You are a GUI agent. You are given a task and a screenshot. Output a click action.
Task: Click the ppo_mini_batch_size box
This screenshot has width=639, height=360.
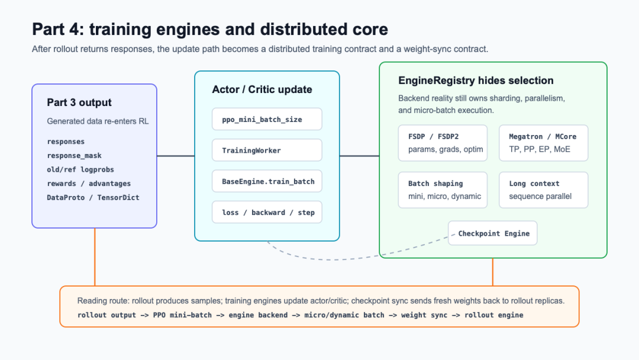pos(267,119)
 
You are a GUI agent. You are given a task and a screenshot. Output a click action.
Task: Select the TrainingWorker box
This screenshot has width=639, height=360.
pos(267,150)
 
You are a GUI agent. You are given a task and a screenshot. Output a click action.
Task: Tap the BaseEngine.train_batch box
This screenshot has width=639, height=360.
pos(267,181)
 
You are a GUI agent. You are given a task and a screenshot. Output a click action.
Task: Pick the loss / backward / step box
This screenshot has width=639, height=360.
pos(267,212)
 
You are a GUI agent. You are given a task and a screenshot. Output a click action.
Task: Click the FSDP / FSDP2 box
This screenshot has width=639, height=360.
pos(443,143)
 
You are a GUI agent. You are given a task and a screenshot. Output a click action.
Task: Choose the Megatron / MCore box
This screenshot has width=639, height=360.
pos(544,143)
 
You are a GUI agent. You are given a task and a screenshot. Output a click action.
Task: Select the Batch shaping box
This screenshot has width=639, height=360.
pos(443,190)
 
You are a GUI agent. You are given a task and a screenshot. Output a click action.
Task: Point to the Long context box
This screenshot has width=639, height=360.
pos(544,190)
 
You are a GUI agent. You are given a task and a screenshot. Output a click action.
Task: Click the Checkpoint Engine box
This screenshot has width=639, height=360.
pos(493,233)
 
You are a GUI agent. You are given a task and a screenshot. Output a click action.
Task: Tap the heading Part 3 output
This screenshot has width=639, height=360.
pos(79,102)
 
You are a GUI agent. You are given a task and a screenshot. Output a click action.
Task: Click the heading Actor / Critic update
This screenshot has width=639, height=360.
pos(262,89)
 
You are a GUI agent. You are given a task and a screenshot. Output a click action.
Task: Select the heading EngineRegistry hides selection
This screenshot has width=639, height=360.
pos(476,81)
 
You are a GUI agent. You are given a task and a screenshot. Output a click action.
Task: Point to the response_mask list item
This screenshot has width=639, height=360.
pos(74,156)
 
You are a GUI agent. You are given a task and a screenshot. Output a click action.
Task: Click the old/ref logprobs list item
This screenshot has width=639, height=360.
pos(80,169)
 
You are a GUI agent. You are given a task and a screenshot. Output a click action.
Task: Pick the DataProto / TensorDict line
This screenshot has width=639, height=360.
pos(93,197)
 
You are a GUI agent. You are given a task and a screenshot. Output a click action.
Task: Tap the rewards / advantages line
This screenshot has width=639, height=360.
pos(89,184)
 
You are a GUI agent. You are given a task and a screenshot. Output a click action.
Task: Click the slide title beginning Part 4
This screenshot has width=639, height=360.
pos(210,30)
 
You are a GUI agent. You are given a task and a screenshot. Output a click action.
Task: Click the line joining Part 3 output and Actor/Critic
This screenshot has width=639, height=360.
pos(176,156)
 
